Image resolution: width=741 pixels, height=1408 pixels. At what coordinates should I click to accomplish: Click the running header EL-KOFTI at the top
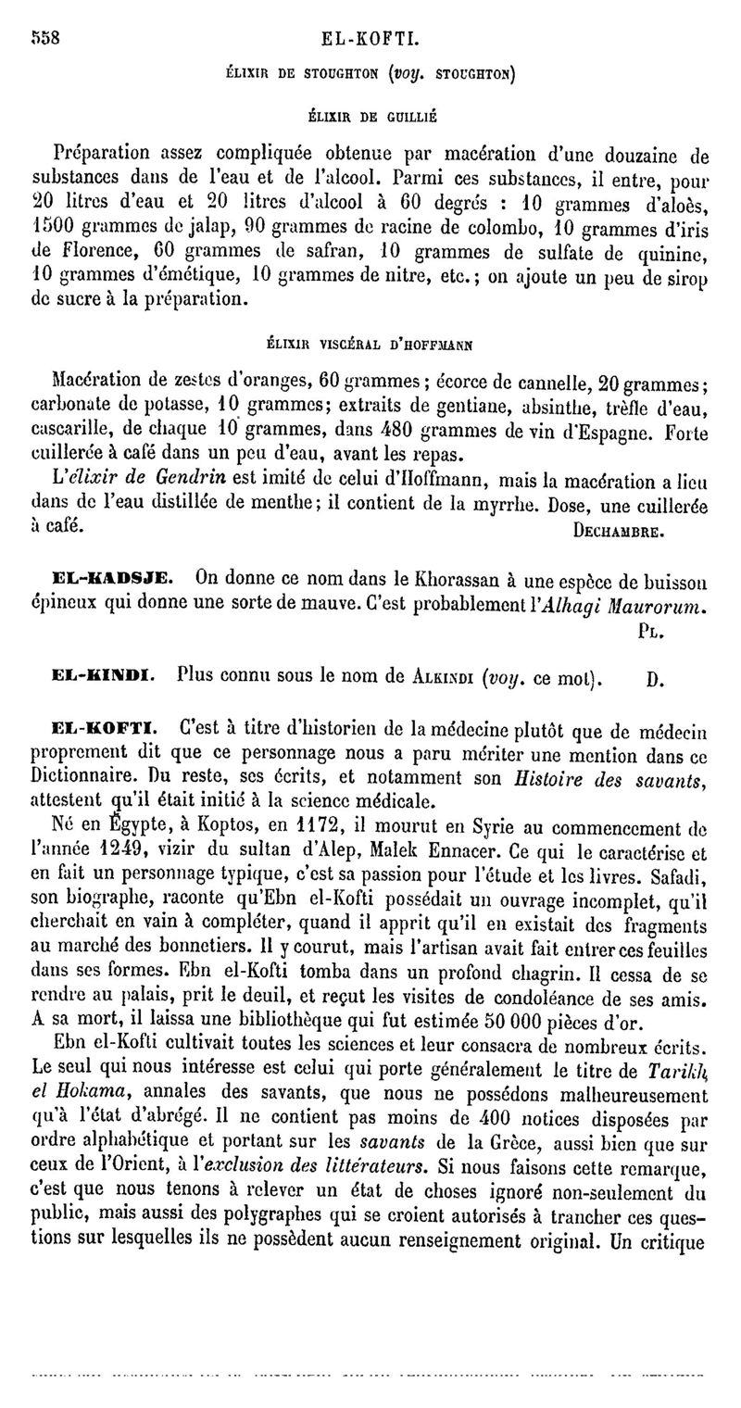pos(370,40)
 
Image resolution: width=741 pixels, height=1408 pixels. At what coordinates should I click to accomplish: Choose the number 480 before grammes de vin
pos(399,430)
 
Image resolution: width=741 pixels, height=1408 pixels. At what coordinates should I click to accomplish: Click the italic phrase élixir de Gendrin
pos(121,481)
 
